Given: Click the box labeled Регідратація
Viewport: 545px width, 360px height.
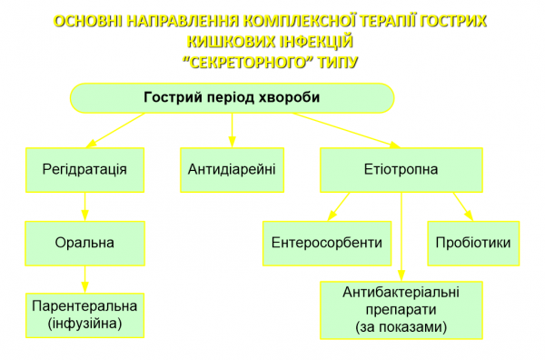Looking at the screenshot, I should pyautogui.click(x=84, y=170).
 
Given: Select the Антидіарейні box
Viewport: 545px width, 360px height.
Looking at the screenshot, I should pyautogui.click(x=232, y=170).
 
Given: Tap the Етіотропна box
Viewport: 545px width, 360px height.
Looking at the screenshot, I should pyautogui.click(x=400, y=170).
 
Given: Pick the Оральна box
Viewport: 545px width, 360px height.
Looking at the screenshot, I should pyautogui.click(x=84, y=243).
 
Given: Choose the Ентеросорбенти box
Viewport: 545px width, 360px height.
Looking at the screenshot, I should pyautogui.click(x=326, y=244).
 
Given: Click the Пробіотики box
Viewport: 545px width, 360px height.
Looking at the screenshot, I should pyautogui.click(x=473, y=244).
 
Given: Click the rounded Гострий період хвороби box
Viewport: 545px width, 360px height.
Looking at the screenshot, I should pyautogui.click(x=233, y=98).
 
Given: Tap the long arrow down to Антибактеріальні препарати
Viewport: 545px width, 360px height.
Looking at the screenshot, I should pyautogui.click(x=401, y=236).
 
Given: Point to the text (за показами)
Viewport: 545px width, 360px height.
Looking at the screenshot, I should pyautogui.click(x=401, y=325).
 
